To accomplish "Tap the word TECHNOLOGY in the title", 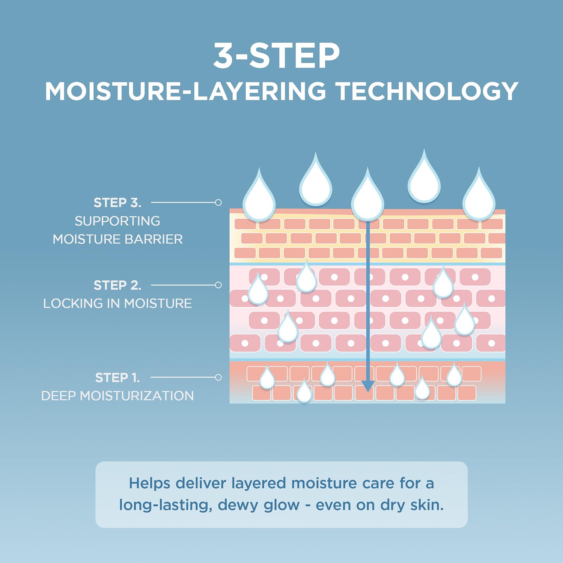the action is coord(427,92).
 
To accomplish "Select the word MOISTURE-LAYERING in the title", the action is coord(185,92).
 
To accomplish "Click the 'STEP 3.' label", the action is coord(117,203).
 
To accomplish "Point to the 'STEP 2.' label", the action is coord(117,285).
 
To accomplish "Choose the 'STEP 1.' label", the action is coord(117,378).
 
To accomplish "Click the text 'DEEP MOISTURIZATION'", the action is coord(117,396).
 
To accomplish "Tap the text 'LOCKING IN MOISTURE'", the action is coord(117,303).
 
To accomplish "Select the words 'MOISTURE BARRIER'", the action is coord(117,239).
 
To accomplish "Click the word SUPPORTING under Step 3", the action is coord(117,221).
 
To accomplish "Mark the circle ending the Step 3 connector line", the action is coord(218,203).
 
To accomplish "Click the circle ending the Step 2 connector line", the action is coord(218,285).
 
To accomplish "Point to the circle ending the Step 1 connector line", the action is coord(218,377).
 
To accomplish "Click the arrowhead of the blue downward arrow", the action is coord(367,386).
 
